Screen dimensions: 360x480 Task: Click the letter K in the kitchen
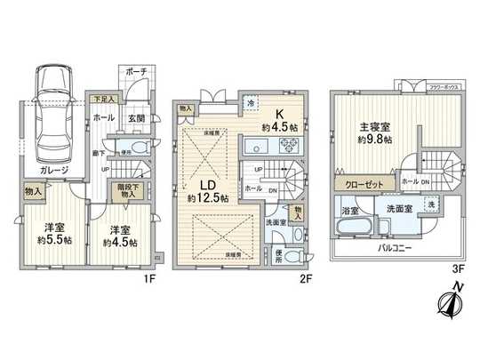point(279,114)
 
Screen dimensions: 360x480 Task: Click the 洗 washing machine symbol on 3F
point(431,204)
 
